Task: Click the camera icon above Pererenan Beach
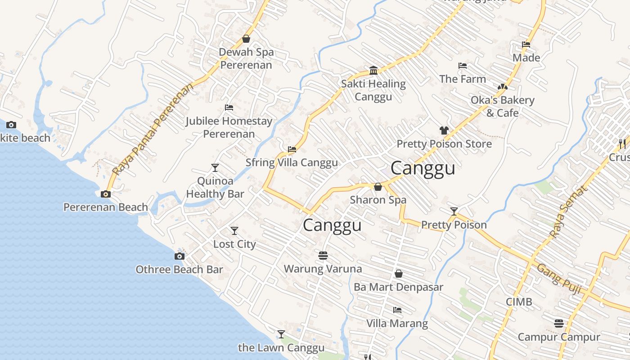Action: (106, 194)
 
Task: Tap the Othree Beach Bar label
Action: (179, 270)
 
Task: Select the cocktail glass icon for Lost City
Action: (234, 231)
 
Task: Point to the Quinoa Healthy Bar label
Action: (215, 188)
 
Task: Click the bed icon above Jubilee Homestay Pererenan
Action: (229, 108)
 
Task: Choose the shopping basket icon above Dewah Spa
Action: (246, 39)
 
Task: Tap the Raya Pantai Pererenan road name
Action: (153, 129)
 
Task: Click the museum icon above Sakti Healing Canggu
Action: (373, 70)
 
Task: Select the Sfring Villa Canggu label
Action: (292, 162)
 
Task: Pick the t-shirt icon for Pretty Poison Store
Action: (444, 130)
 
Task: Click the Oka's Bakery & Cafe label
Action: (502, 106)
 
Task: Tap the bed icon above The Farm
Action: (463, 66)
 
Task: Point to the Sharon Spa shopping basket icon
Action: (378, 186)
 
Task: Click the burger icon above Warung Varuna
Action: (323, 256)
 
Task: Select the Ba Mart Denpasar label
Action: (398, 287)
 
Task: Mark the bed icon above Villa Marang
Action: (397, 310)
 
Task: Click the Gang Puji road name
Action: (557, 276)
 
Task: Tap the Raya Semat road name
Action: (568, 212)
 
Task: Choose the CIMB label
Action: (519, 301)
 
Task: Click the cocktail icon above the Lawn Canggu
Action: (281, 334)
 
